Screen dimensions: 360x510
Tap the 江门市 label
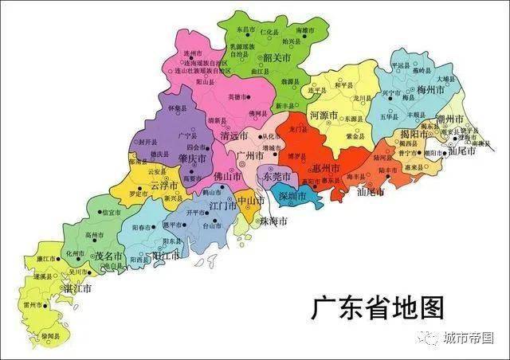(223, 205)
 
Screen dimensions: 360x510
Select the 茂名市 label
(109, 256)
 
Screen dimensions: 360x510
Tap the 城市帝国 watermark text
(469, 338)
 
